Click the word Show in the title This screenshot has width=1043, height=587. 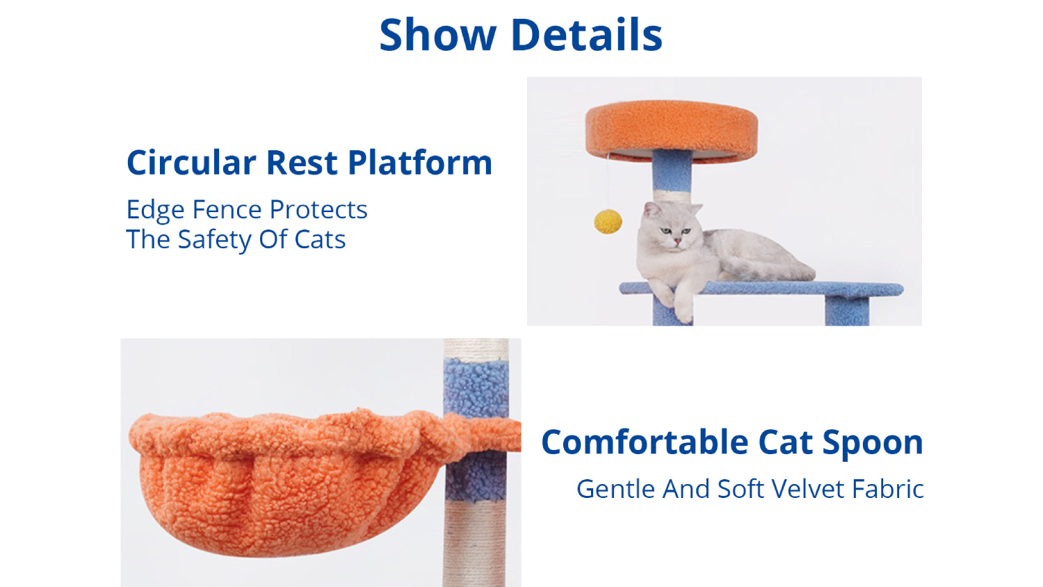[437, 35]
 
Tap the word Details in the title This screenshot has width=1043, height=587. [587, 35]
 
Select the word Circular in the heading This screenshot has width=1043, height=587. [191, 163]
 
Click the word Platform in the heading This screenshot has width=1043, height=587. [420, 163]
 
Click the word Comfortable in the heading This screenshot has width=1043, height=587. [645, 442]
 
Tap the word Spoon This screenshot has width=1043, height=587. [872, 442]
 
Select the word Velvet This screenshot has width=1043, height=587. [808, 489]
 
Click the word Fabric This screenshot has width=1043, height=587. [888, 489]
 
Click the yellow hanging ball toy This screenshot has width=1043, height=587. [608, 222]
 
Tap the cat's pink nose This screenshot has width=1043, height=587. [677, 241]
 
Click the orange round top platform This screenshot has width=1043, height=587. [672, 131]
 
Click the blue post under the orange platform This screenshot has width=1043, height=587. [672, 170]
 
